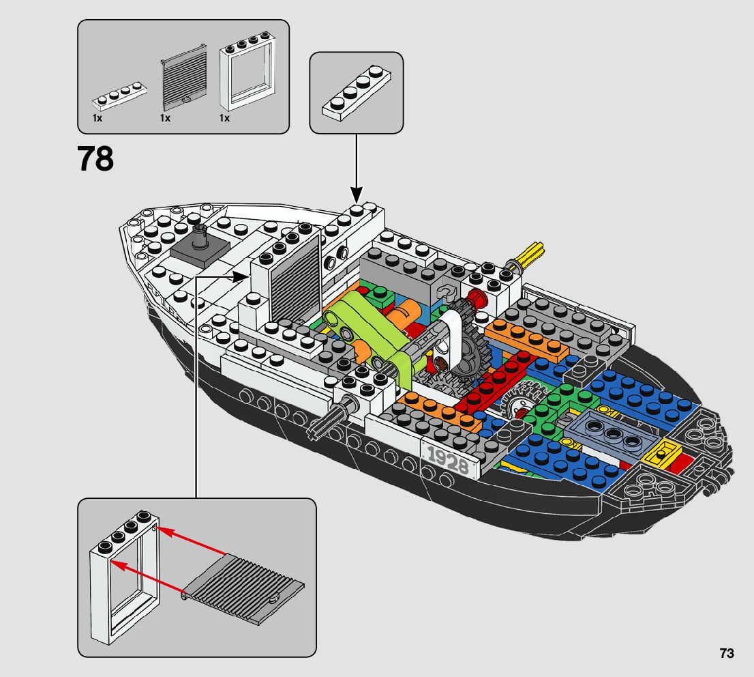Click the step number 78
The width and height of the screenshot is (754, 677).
coord(95,159)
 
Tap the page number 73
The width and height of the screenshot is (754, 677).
coord(726,653)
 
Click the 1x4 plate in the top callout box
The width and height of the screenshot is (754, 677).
coord(356,91)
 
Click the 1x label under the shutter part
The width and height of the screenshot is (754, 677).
coord(165,118)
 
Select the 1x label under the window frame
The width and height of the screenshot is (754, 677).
coord(224,118)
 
